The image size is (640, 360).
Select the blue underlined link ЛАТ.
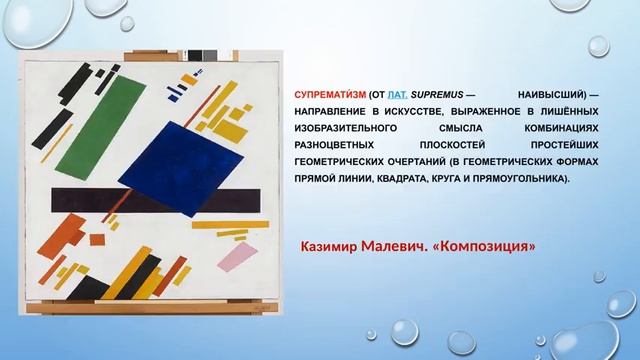tap(390, 91)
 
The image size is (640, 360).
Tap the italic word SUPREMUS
tap(435, 91)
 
